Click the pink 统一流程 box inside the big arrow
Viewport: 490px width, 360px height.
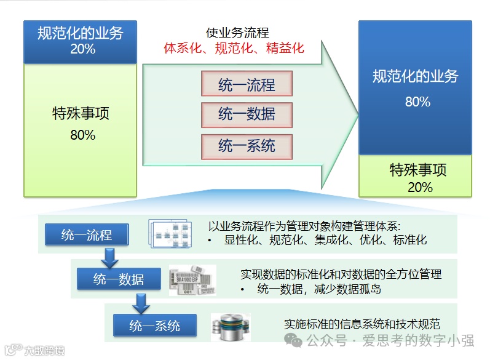point(247,84)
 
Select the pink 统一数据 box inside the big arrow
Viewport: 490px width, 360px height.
point(247,115)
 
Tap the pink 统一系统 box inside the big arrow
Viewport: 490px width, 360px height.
point(247,146)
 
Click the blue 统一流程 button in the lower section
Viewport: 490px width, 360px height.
point(87,235)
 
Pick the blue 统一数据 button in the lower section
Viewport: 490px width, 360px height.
point(119,279)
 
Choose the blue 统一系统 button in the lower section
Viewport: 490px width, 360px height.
point(155,326)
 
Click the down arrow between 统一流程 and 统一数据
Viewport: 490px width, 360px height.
point(109,257)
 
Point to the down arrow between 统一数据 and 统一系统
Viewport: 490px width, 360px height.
point(141,302)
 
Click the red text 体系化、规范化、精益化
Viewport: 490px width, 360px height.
point(234,48)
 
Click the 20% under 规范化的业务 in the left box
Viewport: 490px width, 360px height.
point(82,49)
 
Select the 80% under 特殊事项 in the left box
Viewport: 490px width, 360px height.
point(82,135)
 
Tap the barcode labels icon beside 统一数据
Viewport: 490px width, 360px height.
point(192,280)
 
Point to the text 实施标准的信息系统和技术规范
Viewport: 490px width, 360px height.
point(362,324)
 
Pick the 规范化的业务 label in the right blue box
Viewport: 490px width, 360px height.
point(415,76)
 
